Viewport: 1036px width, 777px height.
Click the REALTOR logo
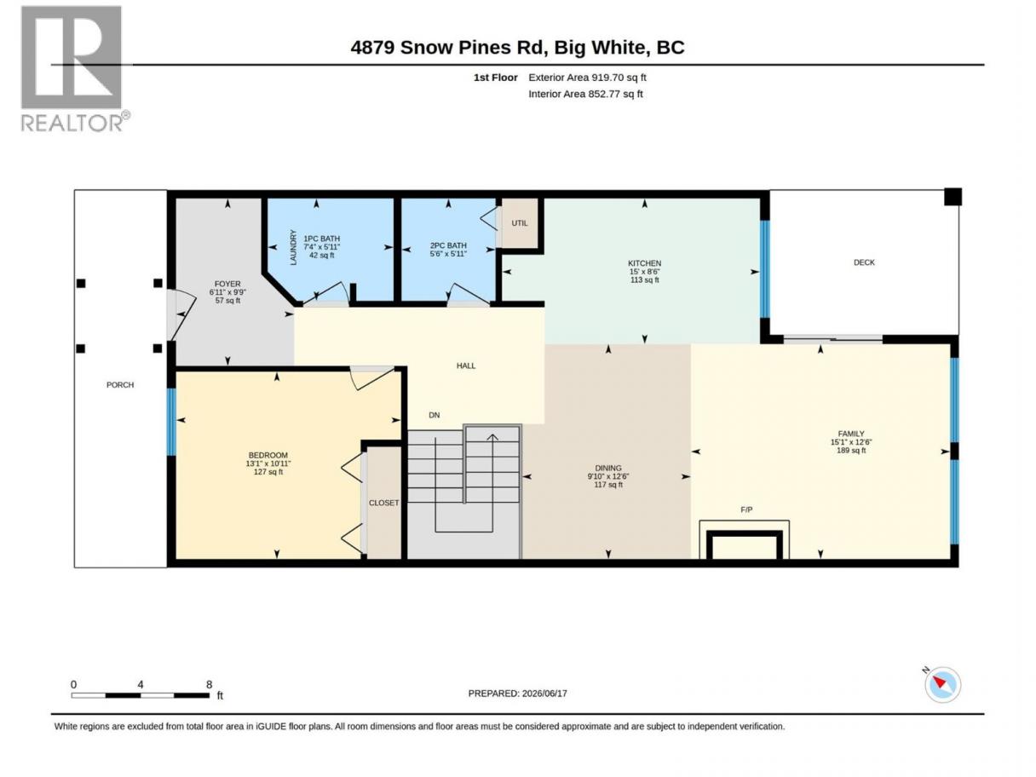tap(75, 69)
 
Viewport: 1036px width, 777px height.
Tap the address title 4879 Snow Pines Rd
tap(449, 48)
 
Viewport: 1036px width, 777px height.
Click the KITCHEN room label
tap(644, 263)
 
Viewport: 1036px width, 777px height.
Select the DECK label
tap(864, 262)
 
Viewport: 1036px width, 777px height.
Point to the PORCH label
tap(120, 385)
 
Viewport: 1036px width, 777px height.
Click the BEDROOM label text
tap(268, 455)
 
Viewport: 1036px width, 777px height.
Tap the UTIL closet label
tap(520, 223)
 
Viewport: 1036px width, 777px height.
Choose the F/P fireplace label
tap(746, 510)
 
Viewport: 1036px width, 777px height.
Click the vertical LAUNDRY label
tap(293, 248)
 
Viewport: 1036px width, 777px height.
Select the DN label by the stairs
tap(435, 415)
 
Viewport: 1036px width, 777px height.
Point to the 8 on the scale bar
tap(209, 684)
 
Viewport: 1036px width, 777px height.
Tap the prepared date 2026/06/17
tap(544, 694)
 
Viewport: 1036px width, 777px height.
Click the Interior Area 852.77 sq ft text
tap(585, 94)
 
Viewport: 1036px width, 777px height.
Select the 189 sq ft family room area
tap(851, 451)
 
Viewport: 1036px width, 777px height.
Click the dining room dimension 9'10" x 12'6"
tap(608, 476)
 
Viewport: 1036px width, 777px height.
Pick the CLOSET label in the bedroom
tap(383, 503)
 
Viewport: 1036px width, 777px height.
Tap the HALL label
tap(466, 365)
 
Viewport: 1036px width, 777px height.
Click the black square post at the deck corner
tap(953, 197)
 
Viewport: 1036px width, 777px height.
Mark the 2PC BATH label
tap(448, 245)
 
